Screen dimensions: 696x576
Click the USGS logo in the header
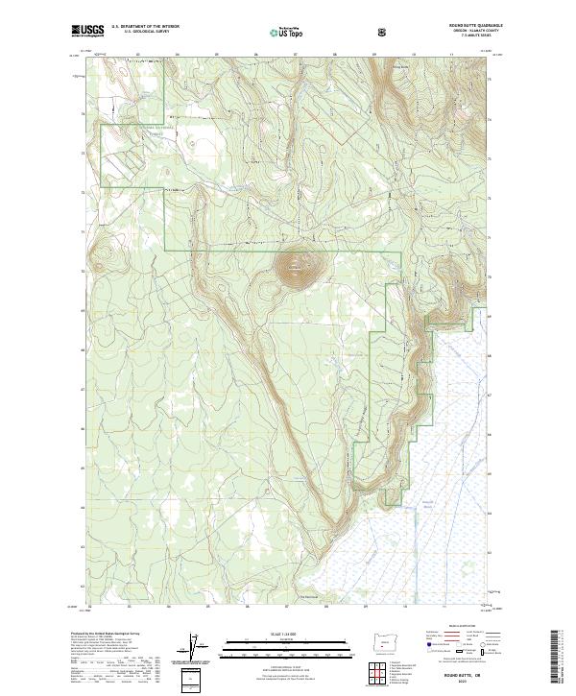[88, 31]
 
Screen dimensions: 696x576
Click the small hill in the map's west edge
[99, 256]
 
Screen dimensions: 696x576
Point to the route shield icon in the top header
[384, 32]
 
